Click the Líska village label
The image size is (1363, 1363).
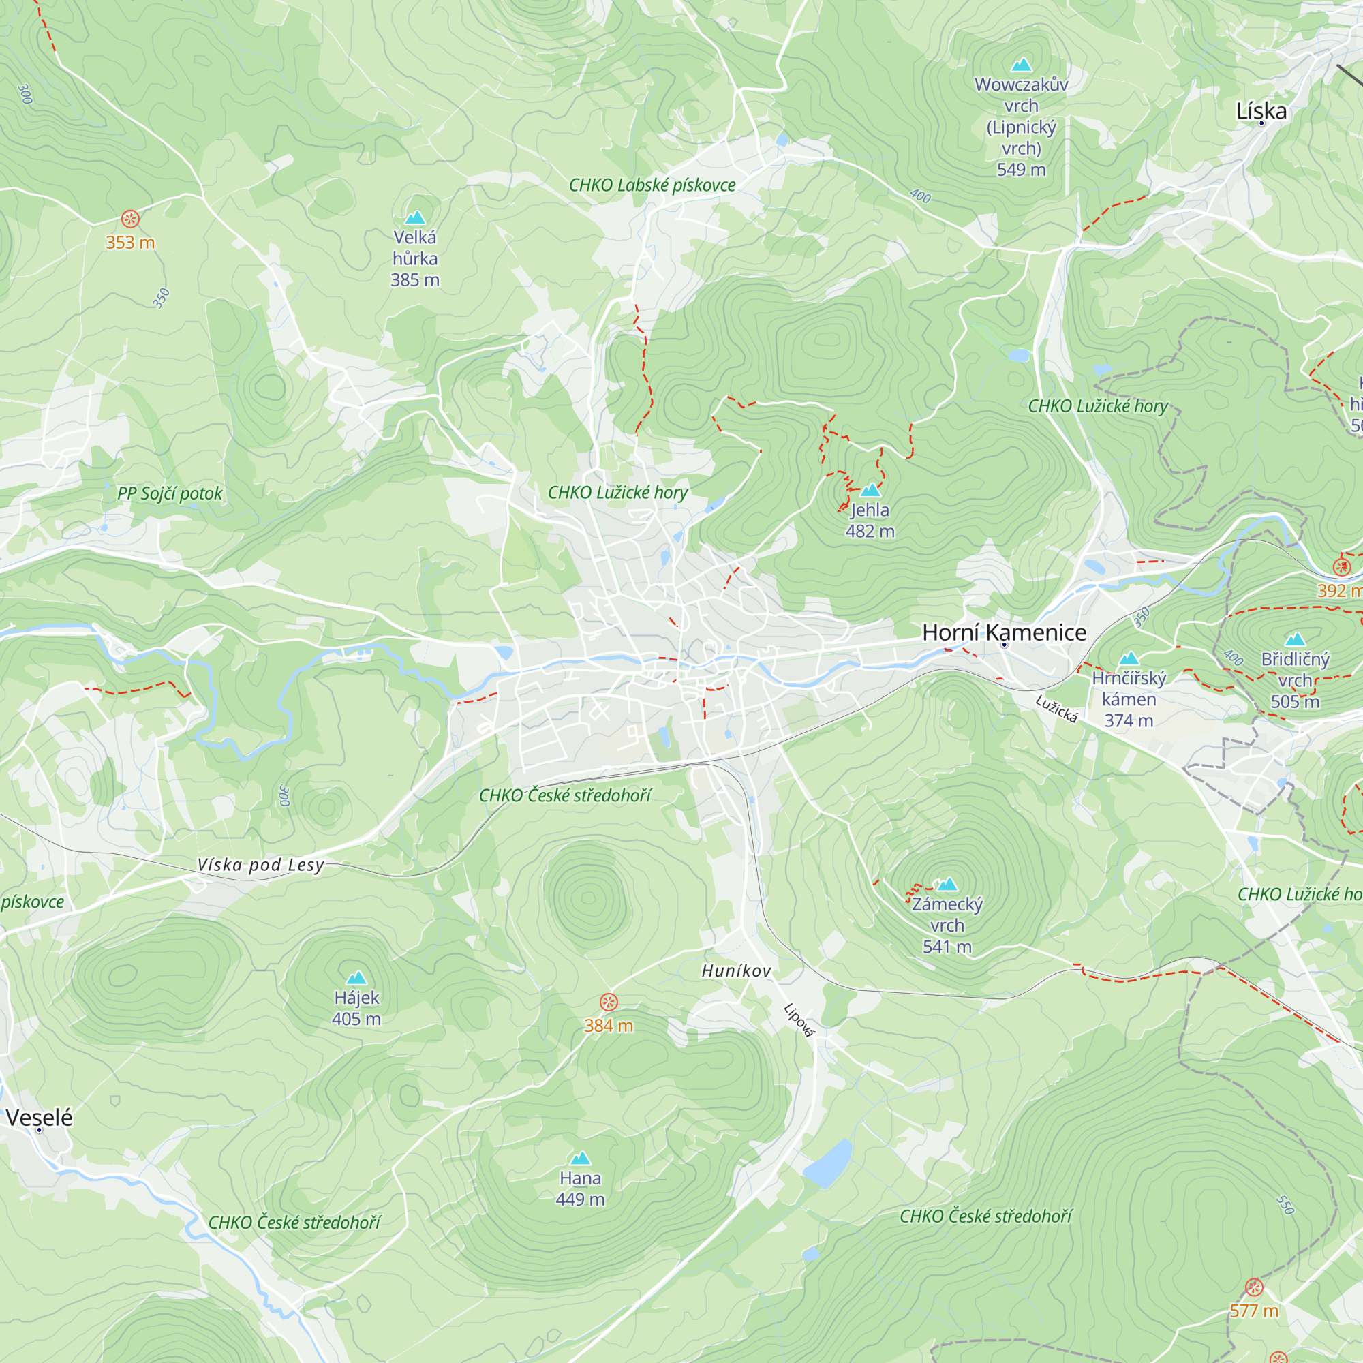tap(1261, 112)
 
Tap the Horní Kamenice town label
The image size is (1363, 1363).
tap(1004, 632)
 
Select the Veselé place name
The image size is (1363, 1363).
tap(40, 1118)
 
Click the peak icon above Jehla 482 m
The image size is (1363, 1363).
tap(870, 490)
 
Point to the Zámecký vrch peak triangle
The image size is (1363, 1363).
tap(947, 885)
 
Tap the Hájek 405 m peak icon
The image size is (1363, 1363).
tap(357, 978)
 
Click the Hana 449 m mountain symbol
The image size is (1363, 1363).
tap(580, 1159)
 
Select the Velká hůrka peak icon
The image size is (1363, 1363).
tap(415, 218)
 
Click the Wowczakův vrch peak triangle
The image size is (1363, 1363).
tap(1021, 65)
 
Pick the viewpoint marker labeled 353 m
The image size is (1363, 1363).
tap(131, 219)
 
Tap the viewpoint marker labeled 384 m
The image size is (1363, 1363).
tap(609, 1002)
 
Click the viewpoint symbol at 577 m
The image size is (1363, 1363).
tap(1254, 1287)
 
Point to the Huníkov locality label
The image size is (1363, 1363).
tap(737, 970)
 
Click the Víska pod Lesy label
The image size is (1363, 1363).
tap(261, 865)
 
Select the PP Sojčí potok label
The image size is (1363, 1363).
tap(169, 493)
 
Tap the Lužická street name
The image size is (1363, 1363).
tap(1056, 709)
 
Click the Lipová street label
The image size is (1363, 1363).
tap(799, 1021)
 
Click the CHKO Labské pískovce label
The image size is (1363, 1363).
tap(652, 185)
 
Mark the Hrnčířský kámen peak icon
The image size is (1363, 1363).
tap(1129, 659)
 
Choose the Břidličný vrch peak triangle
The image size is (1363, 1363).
tap(1296, 640)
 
